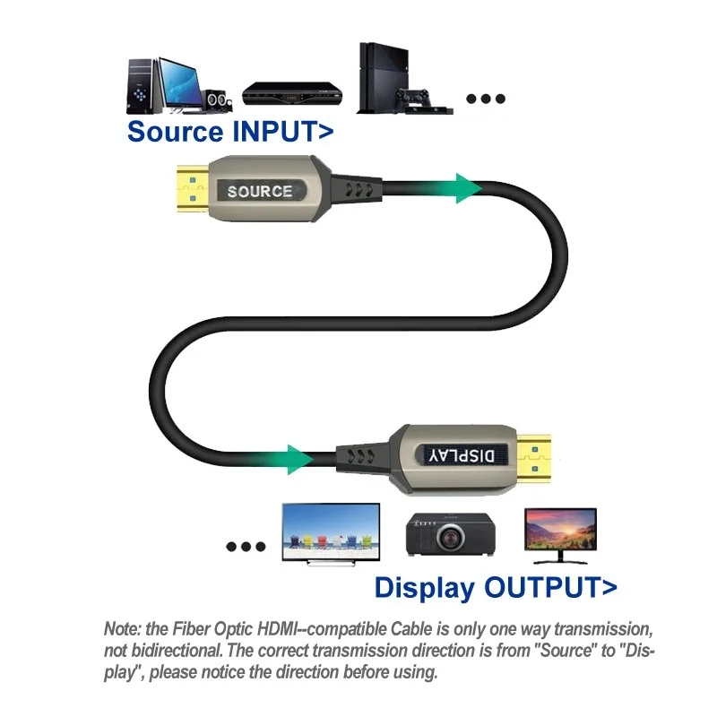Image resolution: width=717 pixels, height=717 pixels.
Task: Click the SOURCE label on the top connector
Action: (259, 191)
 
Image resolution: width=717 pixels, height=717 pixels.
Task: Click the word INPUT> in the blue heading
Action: (283, 131)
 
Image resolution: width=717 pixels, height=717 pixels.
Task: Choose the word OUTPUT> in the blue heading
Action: (550, 588)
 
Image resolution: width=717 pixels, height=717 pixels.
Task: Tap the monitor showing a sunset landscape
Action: (560, 529)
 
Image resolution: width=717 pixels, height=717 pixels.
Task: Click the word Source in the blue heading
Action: (175, 131)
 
